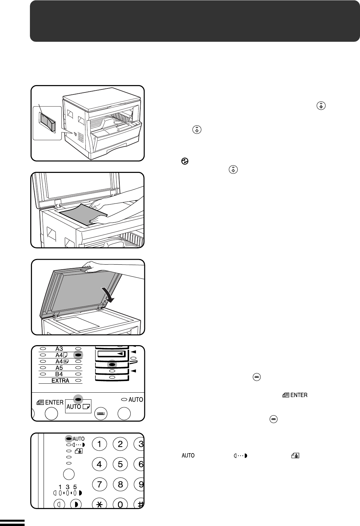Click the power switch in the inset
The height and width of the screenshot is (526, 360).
pyautogui.click(x=48, y=121)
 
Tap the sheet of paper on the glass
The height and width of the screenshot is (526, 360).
pyautogui.click(x=83, y=214)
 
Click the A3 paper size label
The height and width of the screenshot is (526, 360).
pyautogui.click(x=59, y=349)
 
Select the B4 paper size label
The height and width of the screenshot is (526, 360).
pyautogui.click(x=59, y=374)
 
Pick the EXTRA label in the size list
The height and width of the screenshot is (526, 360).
pyautogui.click(x=60, y=380)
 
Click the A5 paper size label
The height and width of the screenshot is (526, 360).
pyautogui.click(x=59, y=368)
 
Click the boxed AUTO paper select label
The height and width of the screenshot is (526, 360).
pyautogui.click(x=78, y=406)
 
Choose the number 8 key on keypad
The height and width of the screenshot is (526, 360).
pyautogui.click(x=120, y=484)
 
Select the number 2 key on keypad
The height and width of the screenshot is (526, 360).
pyautogui.click(x=120, y=444)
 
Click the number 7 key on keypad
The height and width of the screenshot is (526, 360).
pyautogui.click(x=99, y=484)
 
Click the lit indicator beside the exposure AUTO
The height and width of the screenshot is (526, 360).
pyautogui.click(x=68, y=439)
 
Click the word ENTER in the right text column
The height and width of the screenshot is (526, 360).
pyautogui.click(x=299, y=395)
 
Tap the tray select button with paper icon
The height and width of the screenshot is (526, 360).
pyautogui.click(x=100, y=414)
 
